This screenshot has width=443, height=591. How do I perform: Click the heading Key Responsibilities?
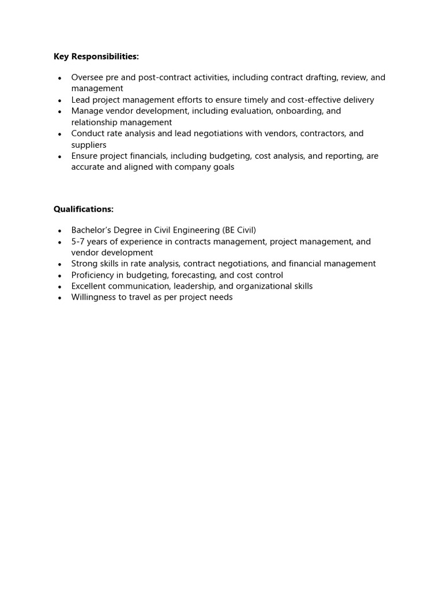click(96, 57)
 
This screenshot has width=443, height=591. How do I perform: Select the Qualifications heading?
click(84, 209)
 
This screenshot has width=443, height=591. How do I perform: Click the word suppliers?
click(89, 145)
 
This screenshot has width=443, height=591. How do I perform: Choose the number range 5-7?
click(79, 241)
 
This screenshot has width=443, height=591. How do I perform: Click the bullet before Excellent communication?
click(60, 287)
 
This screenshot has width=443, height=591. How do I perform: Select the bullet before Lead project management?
click(60, 100)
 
